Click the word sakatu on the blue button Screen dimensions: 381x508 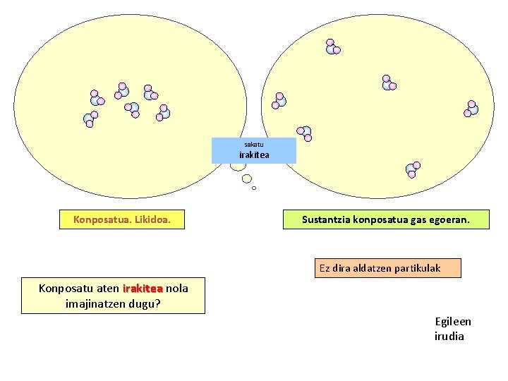tap(254, 145)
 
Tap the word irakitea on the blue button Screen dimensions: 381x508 tap(254, 155)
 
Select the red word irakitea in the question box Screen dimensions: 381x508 tap(143, 289)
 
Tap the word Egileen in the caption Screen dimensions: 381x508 tap(453, 322)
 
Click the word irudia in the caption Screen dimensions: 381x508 tap(449, 337)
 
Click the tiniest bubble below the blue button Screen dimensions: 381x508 tap(254, 188)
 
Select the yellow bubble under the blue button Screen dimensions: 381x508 tap(247, 178)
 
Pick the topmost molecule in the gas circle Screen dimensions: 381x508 tap(332, 47)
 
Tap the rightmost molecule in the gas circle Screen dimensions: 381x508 tap(471, 108)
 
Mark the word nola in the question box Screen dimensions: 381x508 tap(176, 289)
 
